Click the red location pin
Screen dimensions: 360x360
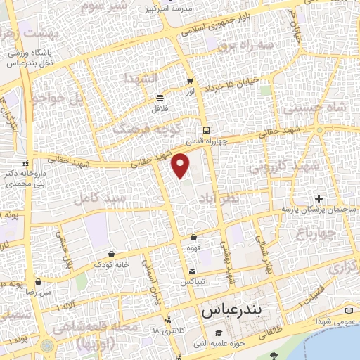pos(181,165)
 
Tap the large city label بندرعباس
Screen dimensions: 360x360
pos(231,309)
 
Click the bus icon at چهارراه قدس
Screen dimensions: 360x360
pos(206,130)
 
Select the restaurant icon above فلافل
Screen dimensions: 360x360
pos(160,98)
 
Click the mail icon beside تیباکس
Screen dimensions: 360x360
pos(193,271)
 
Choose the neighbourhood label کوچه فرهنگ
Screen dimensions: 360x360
pos(148,128)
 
